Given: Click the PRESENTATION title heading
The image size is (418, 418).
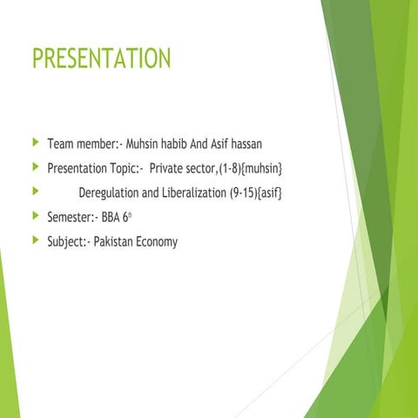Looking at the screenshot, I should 101,59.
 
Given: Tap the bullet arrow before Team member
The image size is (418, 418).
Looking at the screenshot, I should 34,141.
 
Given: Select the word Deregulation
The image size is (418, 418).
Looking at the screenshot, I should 113,192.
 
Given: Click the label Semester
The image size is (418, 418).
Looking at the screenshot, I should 71,217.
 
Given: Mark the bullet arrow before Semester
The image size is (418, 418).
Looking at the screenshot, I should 34,216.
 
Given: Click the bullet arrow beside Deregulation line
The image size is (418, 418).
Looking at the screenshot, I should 34,191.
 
